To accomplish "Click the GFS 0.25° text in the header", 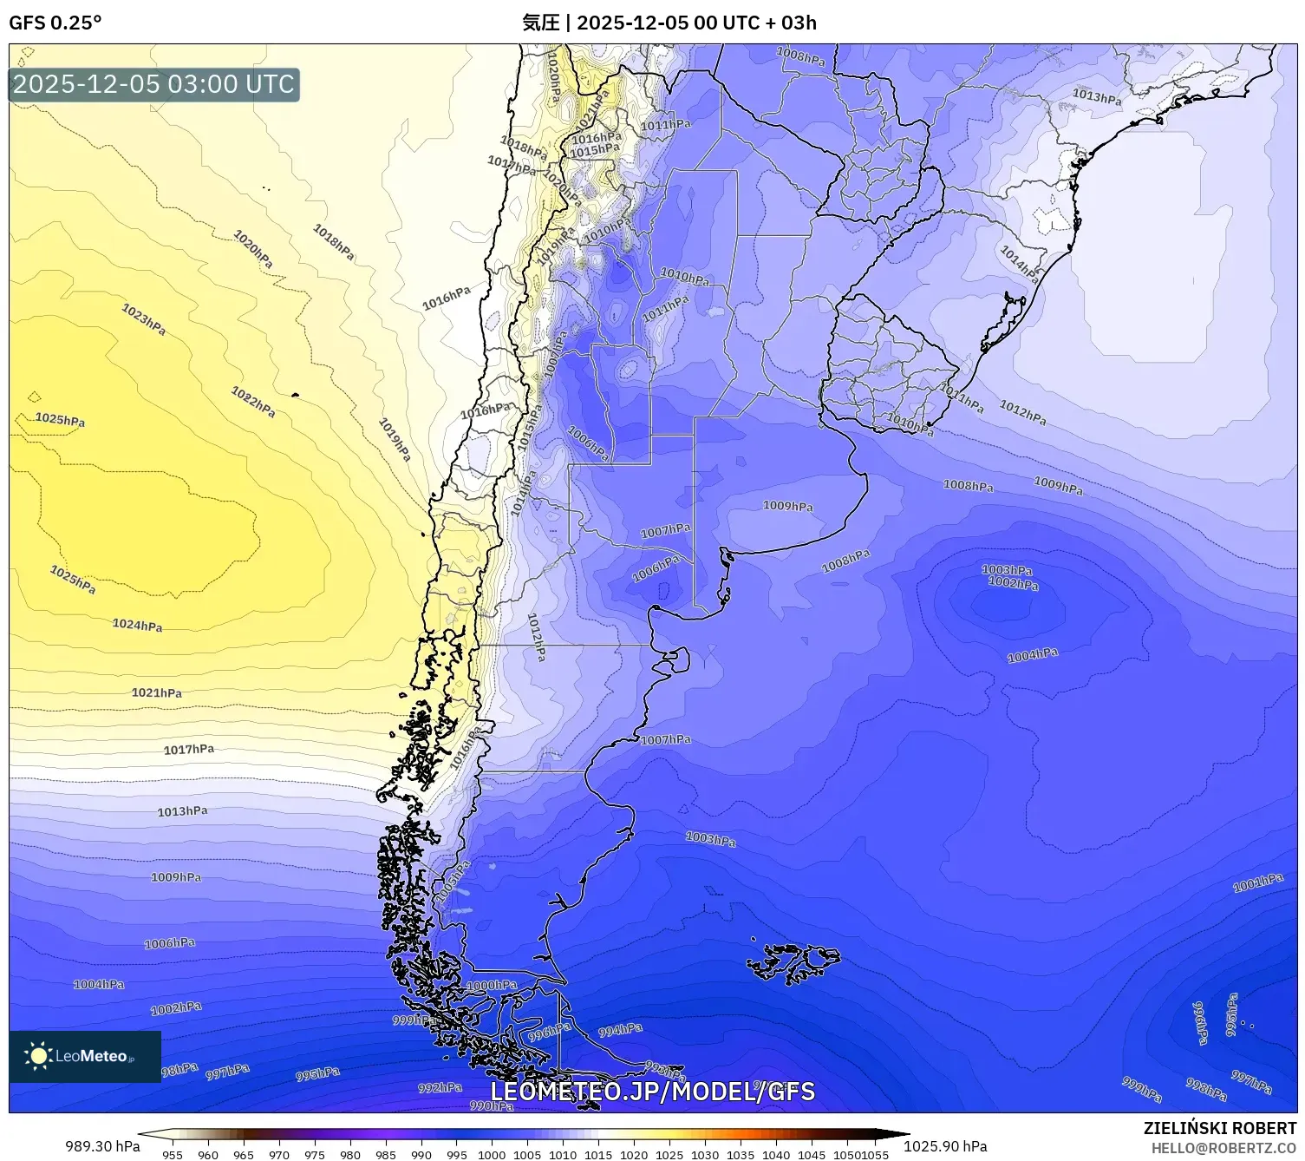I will [x=55, y=23].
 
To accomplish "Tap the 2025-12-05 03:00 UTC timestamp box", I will [x=154, y=84].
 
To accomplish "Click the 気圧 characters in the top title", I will [x=540, y=23].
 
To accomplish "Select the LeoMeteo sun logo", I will [x=38, y=1056].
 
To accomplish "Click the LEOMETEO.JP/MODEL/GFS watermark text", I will [x=652, y=1091].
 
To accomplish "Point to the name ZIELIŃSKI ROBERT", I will [x=1219, y=1128].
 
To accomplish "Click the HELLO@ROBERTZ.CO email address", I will [x=1223, y=1148].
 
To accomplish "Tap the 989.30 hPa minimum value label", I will [x=102, y=1146].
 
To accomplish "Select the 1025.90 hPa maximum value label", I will [x=945, y=1146].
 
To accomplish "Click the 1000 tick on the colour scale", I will [x=492, y=1154].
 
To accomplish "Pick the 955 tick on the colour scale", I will [x=173, y=1154].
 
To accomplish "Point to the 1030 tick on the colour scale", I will [x=705, y=1154].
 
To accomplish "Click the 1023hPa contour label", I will [x=143, y=319].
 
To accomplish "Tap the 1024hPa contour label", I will [x=137, y=625].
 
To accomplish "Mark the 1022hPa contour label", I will [x=253, y=402].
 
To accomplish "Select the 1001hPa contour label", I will [x=1258, y=882].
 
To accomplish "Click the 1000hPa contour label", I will [x=492, y=985].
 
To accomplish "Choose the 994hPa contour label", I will [x=621, y=1029].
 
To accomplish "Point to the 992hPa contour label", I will [x=440, y=1087].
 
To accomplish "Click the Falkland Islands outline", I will [x=793, y=961].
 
